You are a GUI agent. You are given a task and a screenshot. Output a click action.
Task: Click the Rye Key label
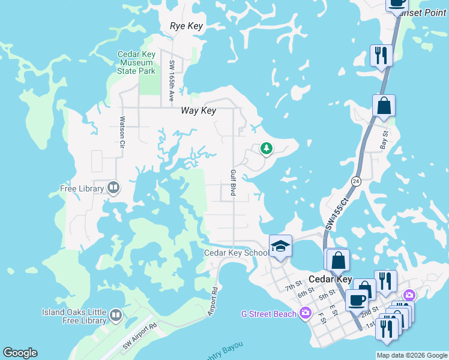187,26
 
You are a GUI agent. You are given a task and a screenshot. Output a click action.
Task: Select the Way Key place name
198,111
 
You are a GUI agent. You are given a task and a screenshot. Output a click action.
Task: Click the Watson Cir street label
121,132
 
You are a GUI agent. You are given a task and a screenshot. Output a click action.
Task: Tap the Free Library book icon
113,188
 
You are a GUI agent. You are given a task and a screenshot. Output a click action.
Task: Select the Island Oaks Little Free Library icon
116,314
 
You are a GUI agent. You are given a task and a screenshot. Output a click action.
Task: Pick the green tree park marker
266,148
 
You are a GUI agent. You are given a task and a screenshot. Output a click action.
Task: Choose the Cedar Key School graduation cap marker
280,247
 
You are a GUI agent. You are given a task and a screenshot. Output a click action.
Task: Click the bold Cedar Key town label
328,280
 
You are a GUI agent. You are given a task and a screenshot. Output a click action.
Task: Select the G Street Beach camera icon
306,313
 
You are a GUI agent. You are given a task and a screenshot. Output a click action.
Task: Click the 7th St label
292,288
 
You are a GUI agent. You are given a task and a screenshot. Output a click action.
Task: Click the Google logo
20,353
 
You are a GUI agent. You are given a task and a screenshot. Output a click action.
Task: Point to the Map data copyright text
411,355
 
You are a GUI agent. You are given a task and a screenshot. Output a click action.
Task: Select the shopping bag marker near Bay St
384,106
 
